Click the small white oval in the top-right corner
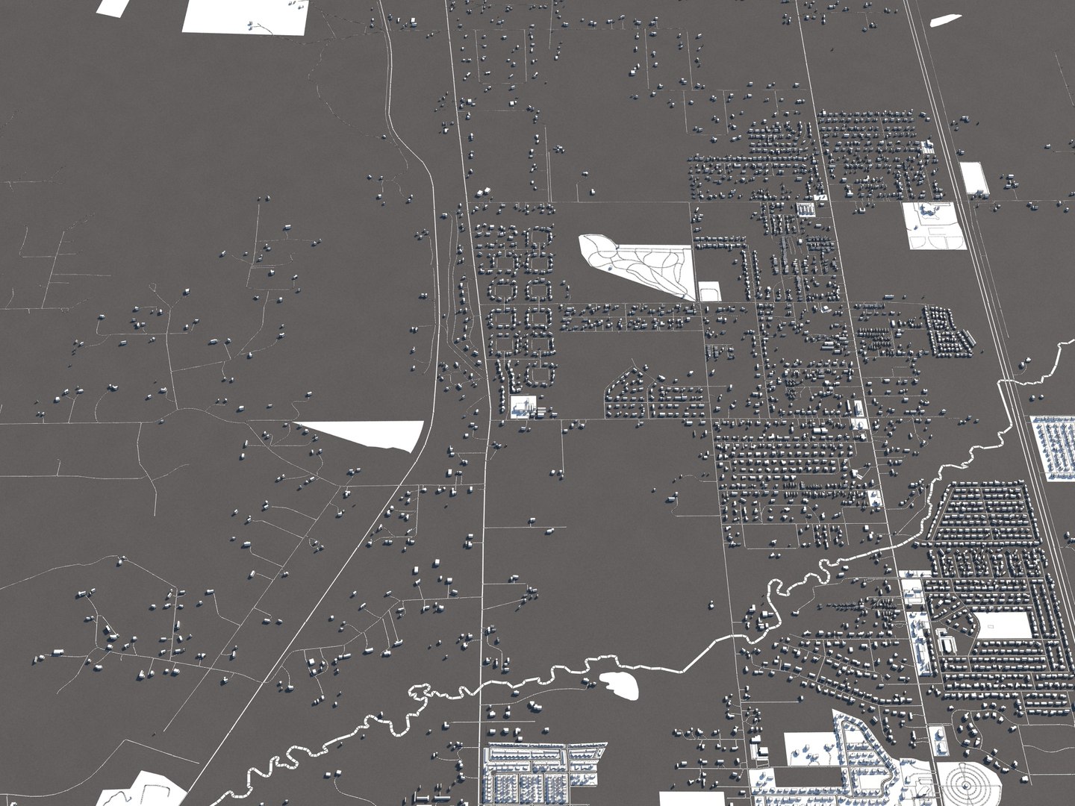[944, 20]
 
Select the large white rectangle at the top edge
[245, 16]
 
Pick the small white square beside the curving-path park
[708, 290]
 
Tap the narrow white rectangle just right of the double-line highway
[973, 178]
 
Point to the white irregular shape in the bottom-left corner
[146, 790]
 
